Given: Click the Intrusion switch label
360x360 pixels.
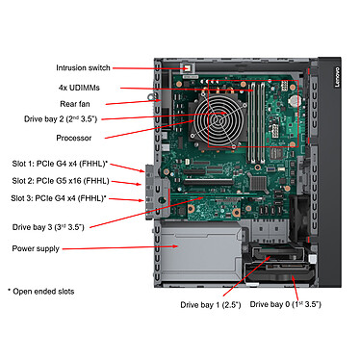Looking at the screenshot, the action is tap(83, 67).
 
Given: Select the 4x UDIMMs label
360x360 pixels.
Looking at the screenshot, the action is tap(79, 88).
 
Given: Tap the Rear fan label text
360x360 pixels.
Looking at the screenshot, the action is tap(75, 104).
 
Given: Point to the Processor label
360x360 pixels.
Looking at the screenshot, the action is tap(74, 138).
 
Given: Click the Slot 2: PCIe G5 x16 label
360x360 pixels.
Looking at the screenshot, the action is tap(61, 181).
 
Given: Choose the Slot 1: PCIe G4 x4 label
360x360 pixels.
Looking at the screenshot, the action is tap(60, 164).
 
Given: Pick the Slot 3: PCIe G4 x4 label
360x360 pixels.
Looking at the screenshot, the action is tap(59, 198).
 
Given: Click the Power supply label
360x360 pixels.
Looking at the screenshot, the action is tap(36, 248).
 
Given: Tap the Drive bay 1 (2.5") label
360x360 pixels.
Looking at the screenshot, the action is tap(211, 304).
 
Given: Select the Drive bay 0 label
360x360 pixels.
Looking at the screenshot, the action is tap(285, 304).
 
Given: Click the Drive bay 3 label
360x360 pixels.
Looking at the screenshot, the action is tap(48, 227).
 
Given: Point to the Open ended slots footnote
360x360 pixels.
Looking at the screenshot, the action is tap(41, 292).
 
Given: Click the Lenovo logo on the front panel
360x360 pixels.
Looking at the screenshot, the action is tap(337, 77).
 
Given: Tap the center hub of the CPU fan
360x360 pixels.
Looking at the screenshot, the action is tap(220, 120).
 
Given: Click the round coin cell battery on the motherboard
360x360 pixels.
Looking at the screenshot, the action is tap(295, 100).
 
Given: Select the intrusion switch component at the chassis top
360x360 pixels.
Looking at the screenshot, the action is tap(187, 68).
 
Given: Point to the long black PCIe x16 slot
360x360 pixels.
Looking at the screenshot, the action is tap(209, 182).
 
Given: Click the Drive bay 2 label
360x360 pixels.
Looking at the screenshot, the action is tap(61, 119).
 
